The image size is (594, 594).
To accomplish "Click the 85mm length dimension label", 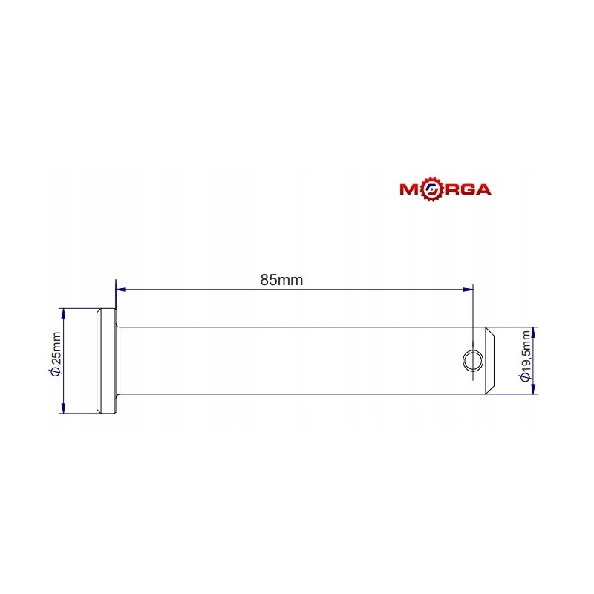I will (x=282, y=280).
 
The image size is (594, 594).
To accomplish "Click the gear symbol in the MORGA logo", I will (x=430, y=189).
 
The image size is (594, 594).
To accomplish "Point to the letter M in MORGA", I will (x=411, y=189).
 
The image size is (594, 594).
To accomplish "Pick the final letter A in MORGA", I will (x=482, y=189).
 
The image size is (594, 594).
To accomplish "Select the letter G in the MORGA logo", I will (x=464, y=189).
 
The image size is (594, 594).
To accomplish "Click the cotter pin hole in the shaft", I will (x=471, y=360).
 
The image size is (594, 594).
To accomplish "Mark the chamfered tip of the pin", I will (x=491, y=360).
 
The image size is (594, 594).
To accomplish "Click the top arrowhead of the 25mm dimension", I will (x=65, y=313).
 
